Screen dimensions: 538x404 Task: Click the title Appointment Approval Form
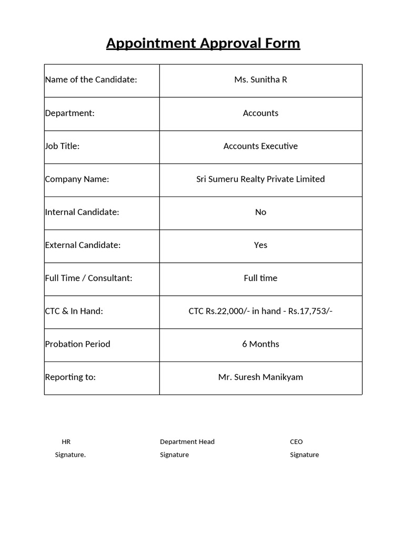[203, 43]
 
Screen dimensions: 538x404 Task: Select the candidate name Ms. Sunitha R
[260, 80]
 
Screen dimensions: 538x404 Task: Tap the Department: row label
[70, 113]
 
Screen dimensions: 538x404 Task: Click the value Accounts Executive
[260, 146]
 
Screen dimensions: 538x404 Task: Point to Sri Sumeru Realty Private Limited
[260, 179]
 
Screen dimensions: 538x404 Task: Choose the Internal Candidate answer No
[260, 212]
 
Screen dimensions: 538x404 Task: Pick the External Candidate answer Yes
[260, 245]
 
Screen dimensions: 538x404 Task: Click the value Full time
[260, 278]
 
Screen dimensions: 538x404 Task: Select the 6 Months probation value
[260, 344]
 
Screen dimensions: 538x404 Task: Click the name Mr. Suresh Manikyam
[260, 377]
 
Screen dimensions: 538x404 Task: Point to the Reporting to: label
[70, 377]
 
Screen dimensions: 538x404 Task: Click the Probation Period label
[78, 344]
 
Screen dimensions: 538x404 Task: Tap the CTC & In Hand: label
[74, 311]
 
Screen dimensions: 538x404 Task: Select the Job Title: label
[62, 146]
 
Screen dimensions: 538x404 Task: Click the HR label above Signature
[66, 442]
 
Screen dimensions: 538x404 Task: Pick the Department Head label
[187, 442]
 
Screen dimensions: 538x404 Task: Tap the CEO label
[296, 442]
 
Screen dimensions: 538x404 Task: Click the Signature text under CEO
[304, 455]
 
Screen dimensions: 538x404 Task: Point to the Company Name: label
[77, 179]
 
